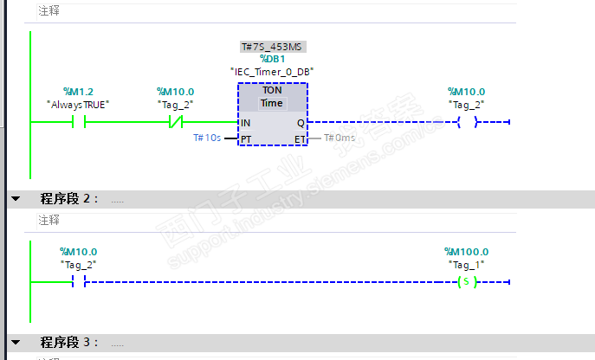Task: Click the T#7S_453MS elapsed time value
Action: [272, 46]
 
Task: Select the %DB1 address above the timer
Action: [272, 58]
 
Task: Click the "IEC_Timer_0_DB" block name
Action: [272, 71]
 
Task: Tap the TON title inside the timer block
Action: [272, 90]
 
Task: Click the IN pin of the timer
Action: [246, 123]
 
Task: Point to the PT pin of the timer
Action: [247, 138]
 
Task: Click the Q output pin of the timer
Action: [300, 123]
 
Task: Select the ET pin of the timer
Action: [299, 138]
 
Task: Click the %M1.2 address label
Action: [78, 92]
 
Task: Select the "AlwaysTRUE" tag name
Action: [78, 105]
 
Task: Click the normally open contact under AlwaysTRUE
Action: [78, 122]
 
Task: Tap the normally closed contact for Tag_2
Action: [176, 122]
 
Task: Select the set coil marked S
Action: [466, 282]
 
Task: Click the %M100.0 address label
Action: [466, 252]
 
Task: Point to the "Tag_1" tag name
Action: [466, 265]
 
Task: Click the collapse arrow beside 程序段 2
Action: [15, 199]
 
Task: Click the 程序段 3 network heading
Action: [65, 343]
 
